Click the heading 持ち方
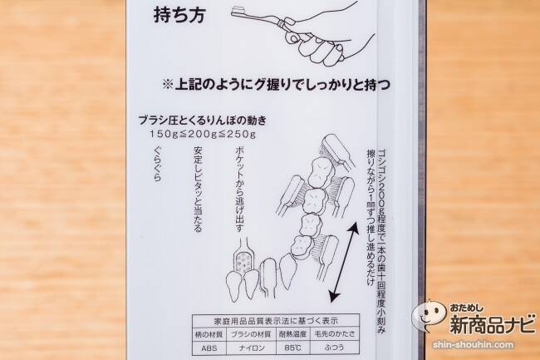(x=179, y=16)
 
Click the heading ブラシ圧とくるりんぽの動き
(x=203, y=121)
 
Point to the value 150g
(x=164, y=134)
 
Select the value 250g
(x=242, y=134)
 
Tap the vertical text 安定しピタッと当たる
(x=198, y=189)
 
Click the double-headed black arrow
(x=344, y=263)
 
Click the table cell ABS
(x=209, y=348)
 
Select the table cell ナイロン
(x=252, y=348)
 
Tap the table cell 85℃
(x=292, y=348)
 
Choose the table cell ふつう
(x=335, y=348)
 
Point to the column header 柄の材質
(x=209, y=334)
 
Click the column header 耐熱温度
(x=292, y=334)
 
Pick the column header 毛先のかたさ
(x=335, y=333)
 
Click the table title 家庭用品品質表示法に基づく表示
(x=276, y=321)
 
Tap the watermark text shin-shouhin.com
(x=474, y=344)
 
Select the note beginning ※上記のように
(x=276, y=85)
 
